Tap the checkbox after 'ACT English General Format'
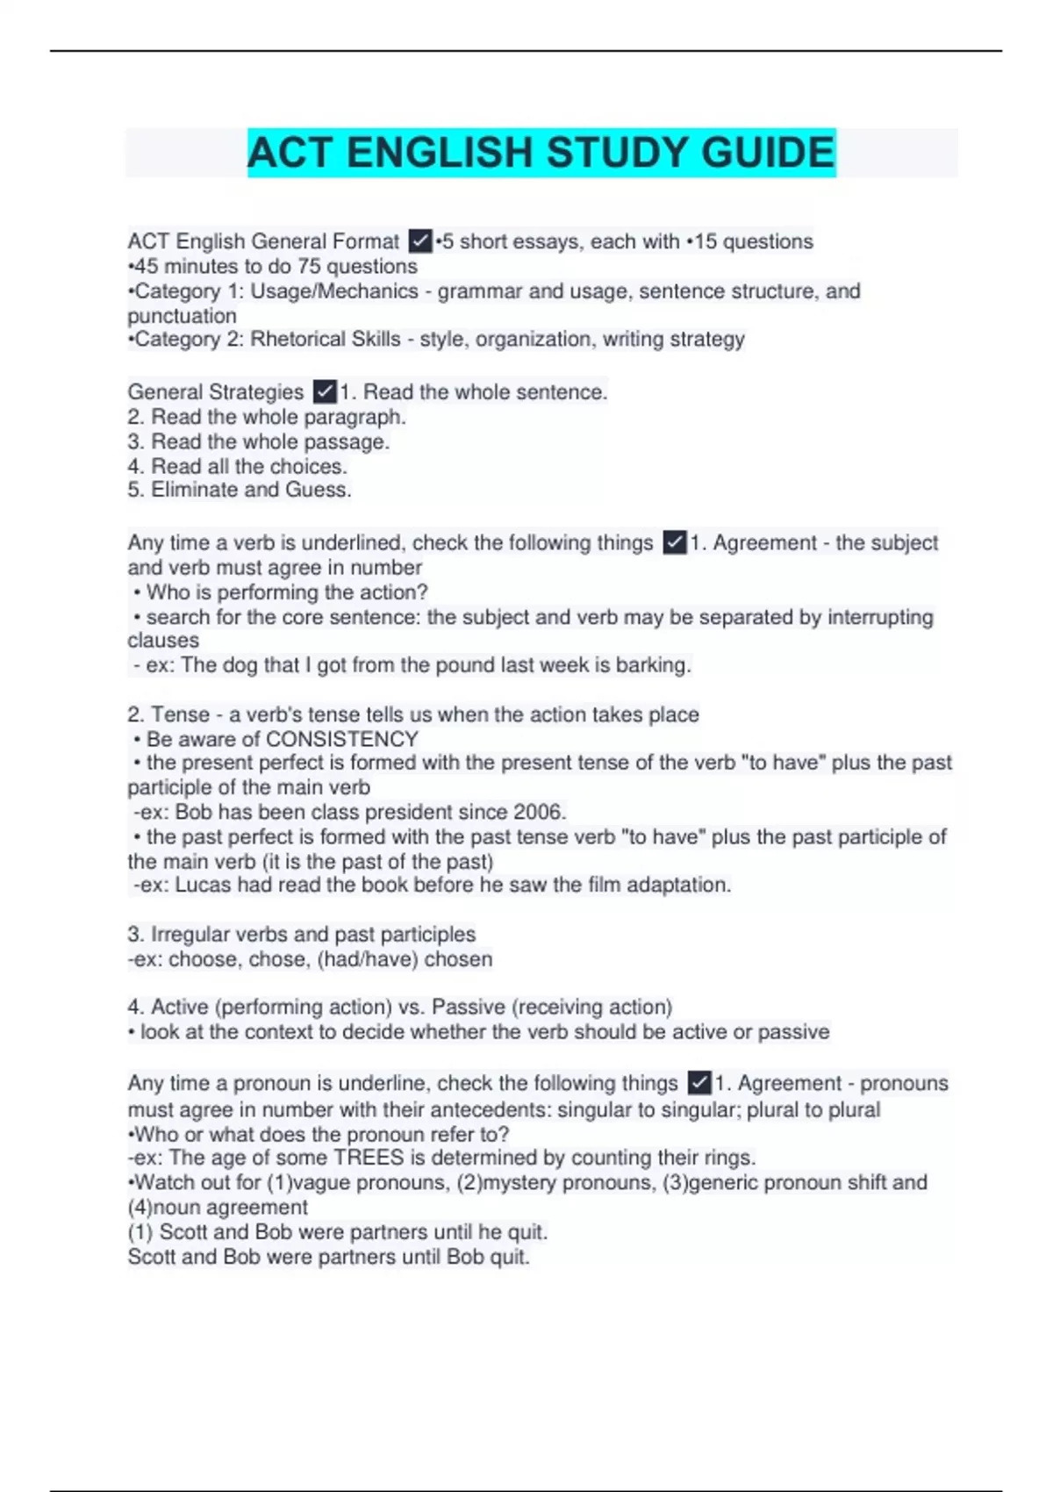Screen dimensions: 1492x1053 pos(420,241)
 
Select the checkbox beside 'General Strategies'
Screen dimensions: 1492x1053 pos(325,391)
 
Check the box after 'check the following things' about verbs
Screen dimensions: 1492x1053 pos(674,543)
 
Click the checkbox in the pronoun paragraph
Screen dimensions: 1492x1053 pos(698,1083)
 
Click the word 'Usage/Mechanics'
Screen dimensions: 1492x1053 pos(334,291)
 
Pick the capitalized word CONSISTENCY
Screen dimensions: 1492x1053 pos(342,739)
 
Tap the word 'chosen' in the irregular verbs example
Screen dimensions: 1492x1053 pos(458,958)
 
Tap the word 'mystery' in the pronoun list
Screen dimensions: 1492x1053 pos(519,1182)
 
